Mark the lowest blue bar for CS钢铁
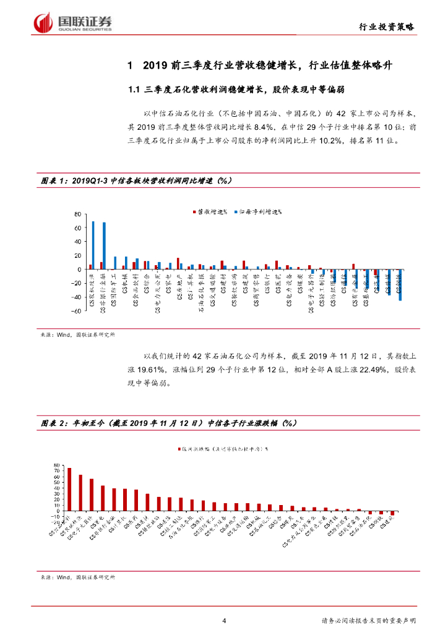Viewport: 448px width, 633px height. coord(400,285)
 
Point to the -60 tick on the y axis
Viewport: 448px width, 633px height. coord(77,312)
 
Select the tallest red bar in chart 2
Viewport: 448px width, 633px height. coord(69,489)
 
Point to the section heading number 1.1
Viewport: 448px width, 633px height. coord(134,90)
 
